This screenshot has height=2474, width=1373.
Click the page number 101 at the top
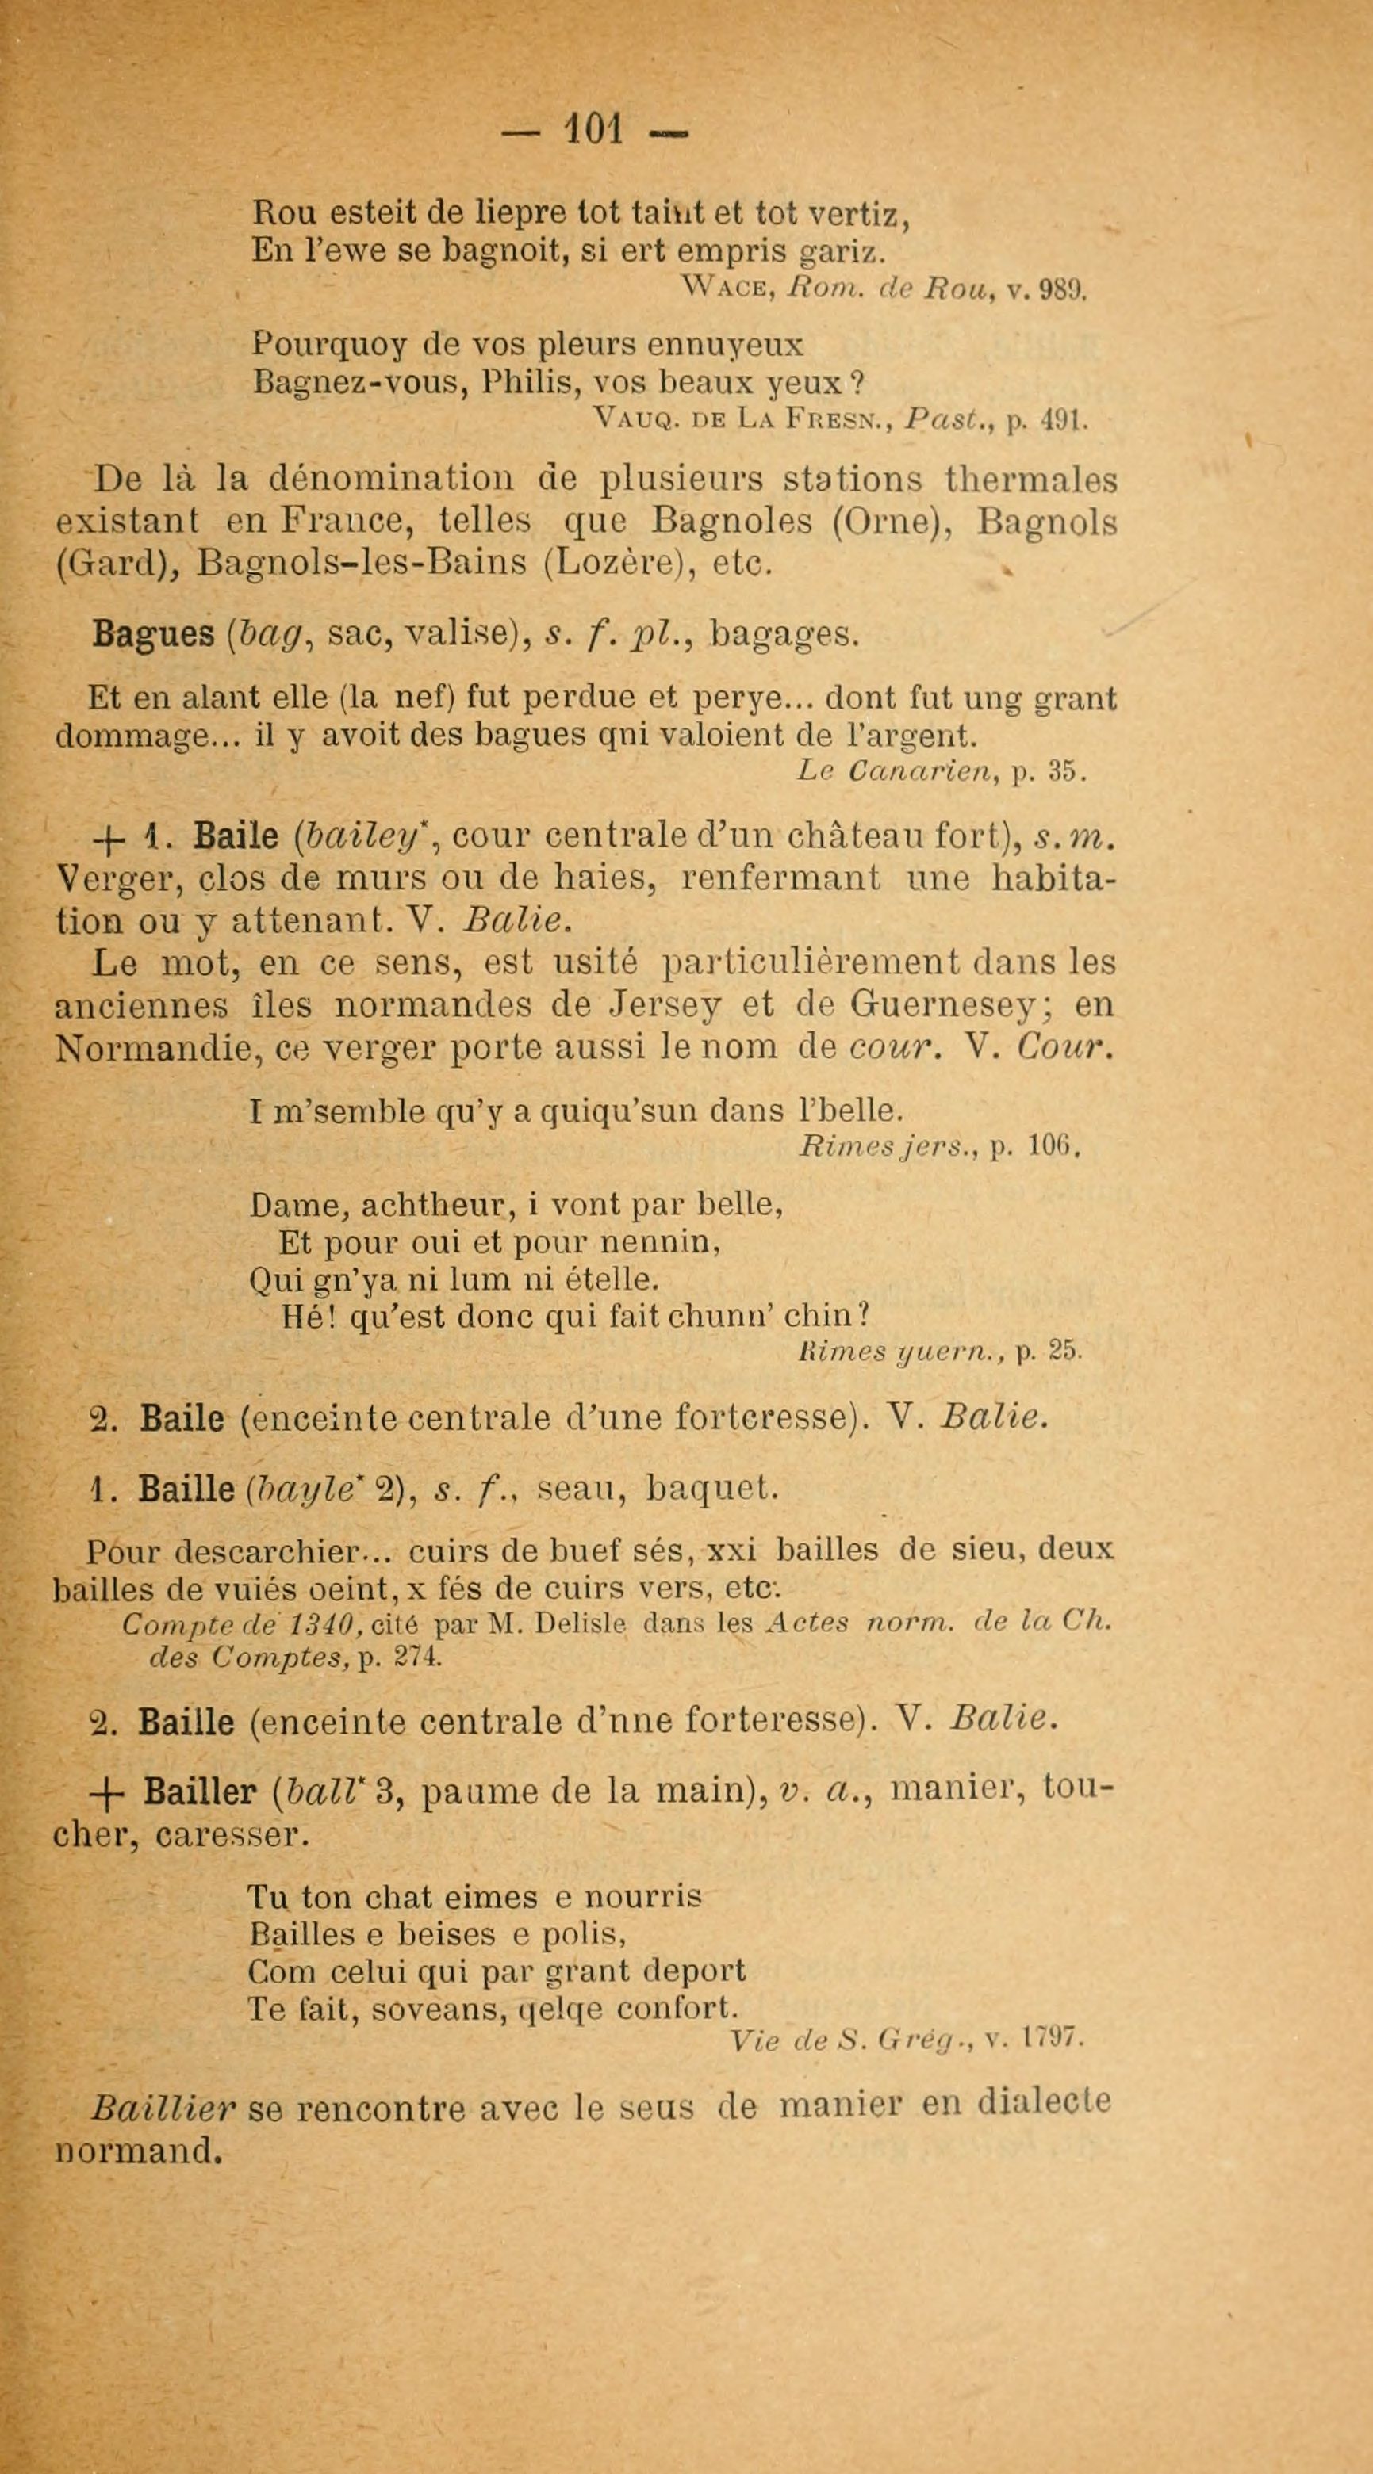click(595, 128)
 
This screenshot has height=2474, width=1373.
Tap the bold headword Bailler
click(200, 1792)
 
